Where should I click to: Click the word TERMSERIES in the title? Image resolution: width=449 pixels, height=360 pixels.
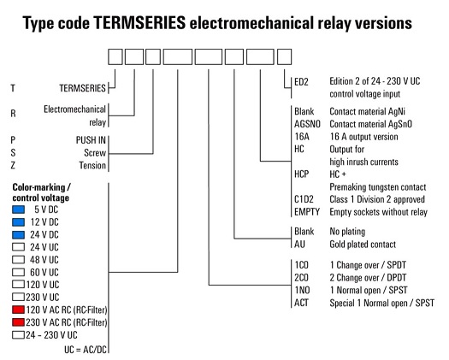coord(139,22)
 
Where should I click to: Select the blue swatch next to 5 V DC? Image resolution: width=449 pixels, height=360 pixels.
coord(18,210)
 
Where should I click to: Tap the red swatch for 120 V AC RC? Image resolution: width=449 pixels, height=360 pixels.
coord(18,310)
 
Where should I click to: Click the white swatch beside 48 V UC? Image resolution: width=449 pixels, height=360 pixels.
coord(18,259)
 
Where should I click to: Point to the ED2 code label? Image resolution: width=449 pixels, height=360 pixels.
coord(301,82)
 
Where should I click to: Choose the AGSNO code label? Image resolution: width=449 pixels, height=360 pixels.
coord(307,124)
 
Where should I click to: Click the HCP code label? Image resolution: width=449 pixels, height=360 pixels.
coord(302,174)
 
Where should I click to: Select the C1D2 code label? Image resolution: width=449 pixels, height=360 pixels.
coord(304,199)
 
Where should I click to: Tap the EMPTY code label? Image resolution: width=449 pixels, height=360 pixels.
coord(307,212)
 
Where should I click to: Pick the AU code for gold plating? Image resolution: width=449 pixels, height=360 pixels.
coord(299,244)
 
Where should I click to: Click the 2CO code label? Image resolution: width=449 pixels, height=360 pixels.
coord(302,278)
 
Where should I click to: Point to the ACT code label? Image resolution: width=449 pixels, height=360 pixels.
coord(301,303)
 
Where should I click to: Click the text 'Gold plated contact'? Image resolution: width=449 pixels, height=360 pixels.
coord(363,245)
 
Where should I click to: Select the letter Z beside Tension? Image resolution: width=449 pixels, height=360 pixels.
coord(13,165)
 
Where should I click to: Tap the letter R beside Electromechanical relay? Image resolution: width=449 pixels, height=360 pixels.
coord(13,114)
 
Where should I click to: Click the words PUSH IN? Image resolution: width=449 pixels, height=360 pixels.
coord(91,140)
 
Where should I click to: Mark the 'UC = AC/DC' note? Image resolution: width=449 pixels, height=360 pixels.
coord(86,350)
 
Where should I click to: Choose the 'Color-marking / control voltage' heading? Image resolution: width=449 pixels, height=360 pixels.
coord(41,192)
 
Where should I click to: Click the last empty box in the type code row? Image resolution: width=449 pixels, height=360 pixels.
coord(284,56)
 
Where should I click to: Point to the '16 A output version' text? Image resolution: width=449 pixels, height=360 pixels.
coord(364,137)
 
